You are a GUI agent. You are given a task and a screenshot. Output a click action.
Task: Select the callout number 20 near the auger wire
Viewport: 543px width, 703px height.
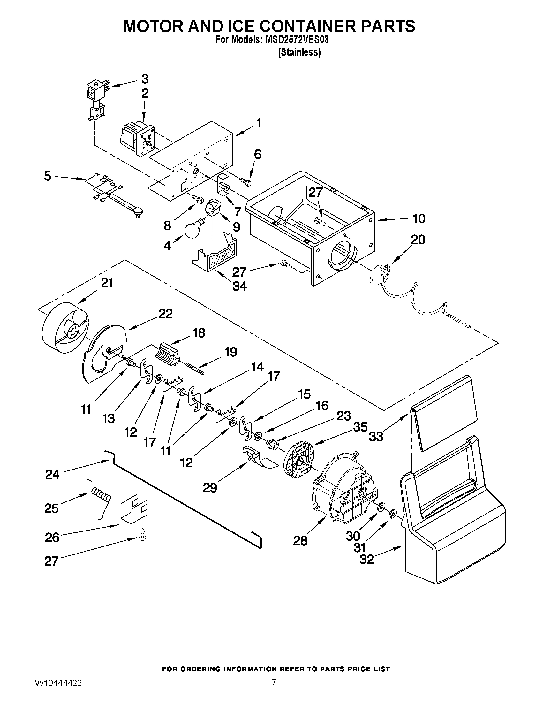pyautogui.click(x=418, y=240)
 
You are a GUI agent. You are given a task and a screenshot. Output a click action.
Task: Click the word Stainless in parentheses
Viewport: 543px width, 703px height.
pyautogui.click(x=299, y=52)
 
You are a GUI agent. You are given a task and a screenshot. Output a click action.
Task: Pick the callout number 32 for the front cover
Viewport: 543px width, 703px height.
pyautogui.click(x=367, y=560)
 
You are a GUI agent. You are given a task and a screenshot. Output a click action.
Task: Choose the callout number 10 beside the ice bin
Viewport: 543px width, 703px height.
pyautogui.click(x=419, y=218)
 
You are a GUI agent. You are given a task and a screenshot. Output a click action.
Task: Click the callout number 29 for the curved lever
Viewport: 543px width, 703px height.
pyautogui.click(x=210, y=488)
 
